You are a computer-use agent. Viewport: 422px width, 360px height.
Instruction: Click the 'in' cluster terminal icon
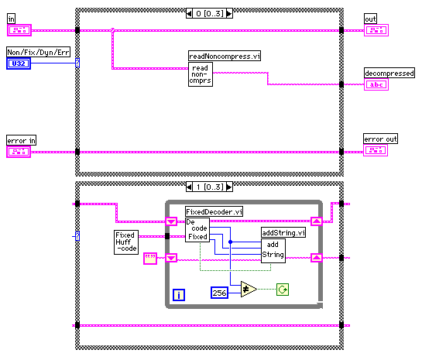[19, 30]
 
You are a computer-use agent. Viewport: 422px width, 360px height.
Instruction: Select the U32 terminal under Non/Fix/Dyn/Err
[19, 63]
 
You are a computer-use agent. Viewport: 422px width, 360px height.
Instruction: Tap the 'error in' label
[21, 140]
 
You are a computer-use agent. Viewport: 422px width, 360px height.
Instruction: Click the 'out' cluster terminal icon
[376, 30]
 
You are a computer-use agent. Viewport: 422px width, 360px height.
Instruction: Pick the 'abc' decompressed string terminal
[376, 84]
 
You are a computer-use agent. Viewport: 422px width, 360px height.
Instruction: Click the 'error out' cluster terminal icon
[376, 150]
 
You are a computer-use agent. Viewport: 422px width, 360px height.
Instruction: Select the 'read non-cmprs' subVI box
[201, 74]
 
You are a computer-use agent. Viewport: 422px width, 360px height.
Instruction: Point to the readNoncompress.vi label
[225, 56]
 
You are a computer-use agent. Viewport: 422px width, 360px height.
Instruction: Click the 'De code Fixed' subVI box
[197, 230]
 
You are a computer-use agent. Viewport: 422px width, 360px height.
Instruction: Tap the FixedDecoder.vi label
[214, 212]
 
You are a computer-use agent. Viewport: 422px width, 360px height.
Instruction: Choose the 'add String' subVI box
[273, 251]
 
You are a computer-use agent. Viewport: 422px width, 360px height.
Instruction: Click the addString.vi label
[283, 232]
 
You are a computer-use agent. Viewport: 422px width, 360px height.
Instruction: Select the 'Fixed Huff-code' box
[126, 242]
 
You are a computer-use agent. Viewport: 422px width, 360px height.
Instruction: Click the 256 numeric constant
[219, 293]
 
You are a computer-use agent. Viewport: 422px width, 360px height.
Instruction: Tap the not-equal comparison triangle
[249, 290]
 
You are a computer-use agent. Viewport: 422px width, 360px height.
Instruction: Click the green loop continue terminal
[283, 290]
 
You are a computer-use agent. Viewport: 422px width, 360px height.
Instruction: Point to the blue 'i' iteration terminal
[179, 295]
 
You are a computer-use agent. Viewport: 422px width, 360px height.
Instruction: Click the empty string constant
[150, 259]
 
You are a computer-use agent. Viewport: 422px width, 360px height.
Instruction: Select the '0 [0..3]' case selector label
[209, 13]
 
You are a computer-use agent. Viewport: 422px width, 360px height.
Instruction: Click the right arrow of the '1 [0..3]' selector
[229, 187]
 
